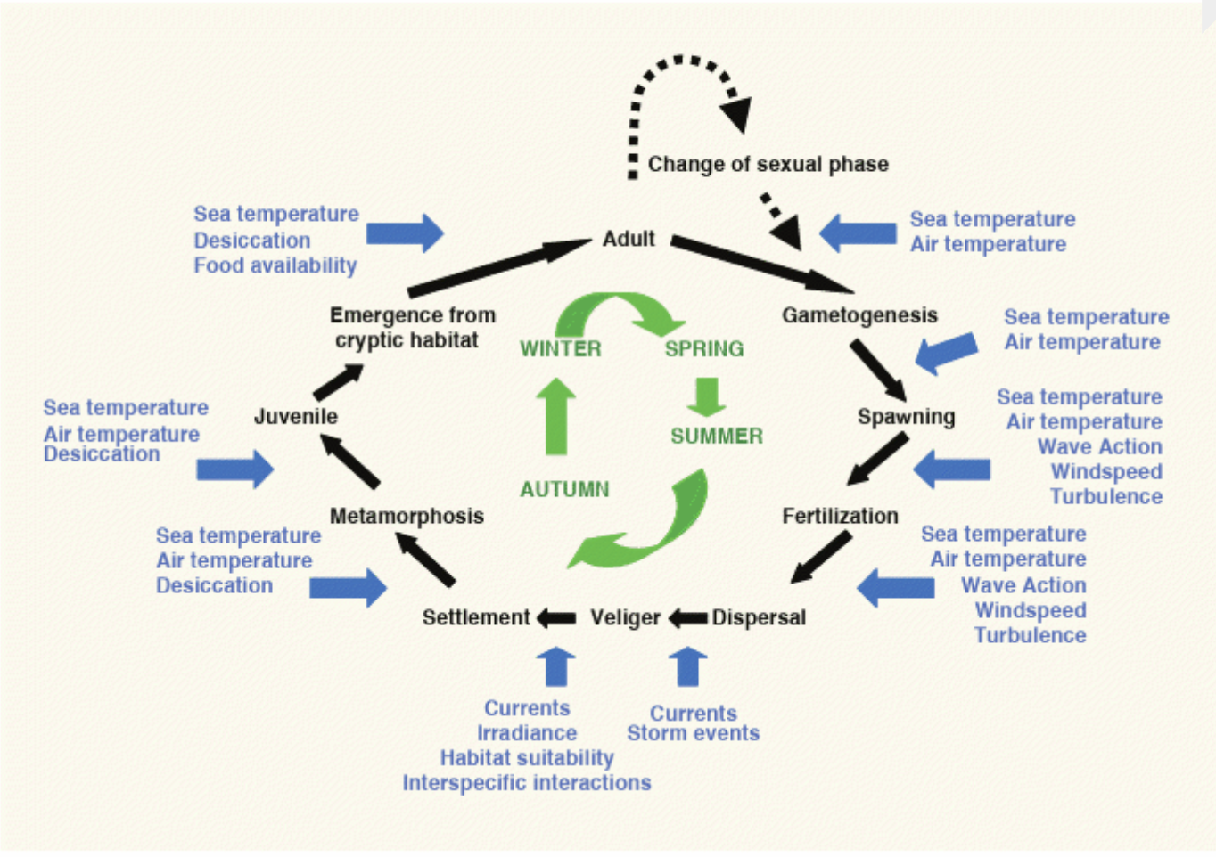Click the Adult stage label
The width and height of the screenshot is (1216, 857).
tap(629, 239)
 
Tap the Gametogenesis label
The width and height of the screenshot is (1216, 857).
tap(859, 315)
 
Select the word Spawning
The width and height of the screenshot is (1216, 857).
tap(906, 417)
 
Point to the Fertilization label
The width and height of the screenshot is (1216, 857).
tap(840, 516)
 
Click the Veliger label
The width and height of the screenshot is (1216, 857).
tap(625, 617)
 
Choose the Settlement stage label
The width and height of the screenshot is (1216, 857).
tap(476, 617)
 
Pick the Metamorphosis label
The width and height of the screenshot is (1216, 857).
tap(407, 516)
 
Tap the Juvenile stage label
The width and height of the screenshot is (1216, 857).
tap(296, 416)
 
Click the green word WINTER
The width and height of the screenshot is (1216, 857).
tap(561, 348)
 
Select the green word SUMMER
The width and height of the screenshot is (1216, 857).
tap(717, 436)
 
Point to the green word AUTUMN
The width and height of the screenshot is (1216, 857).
tap(565, 489)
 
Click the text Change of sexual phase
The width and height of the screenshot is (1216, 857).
tap(768, 164)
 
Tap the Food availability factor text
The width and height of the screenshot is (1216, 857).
tap(275, 265)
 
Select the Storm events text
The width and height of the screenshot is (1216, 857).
tap(693, 733)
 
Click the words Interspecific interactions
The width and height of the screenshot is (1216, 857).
tap(527, 783)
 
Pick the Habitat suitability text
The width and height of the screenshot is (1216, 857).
tap(527, 758)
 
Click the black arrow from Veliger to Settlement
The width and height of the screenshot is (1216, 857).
tap(557, 617)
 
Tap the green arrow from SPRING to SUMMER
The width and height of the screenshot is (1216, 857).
tap(706, 397)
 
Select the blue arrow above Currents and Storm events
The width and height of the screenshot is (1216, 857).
tap(687, 666)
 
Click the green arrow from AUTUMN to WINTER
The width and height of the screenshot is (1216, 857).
tap(556, 416)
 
